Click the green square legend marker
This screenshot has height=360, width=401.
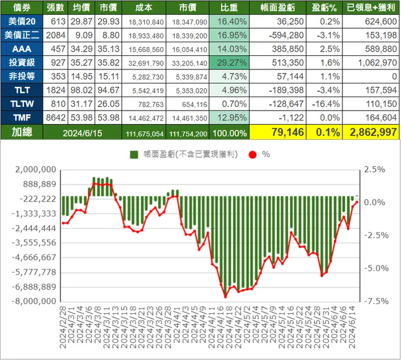coord(134,155)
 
